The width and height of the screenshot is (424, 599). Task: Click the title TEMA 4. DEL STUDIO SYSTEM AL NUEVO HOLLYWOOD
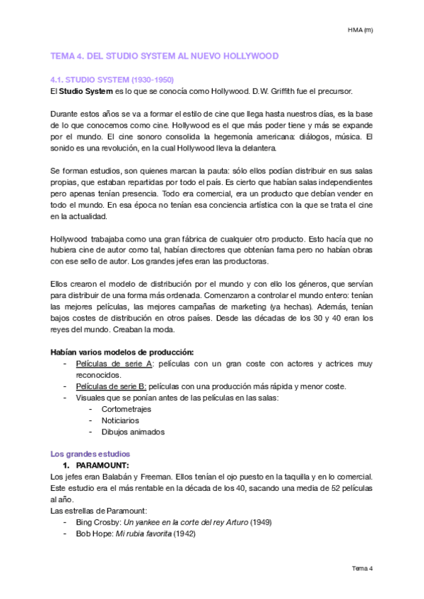pyautogui.click(x=165, y=55)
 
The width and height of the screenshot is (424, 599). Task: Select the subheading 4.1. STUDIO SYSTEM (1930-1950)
pyautogui.click(x=112, y=80)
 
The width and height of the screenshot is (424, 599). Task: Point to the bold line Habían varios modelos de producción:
pyautogui.click(x=122, y=352)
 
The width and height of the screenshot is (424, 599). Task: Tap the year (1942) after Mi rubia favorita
pyautogui.click(x=184, y=533)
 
